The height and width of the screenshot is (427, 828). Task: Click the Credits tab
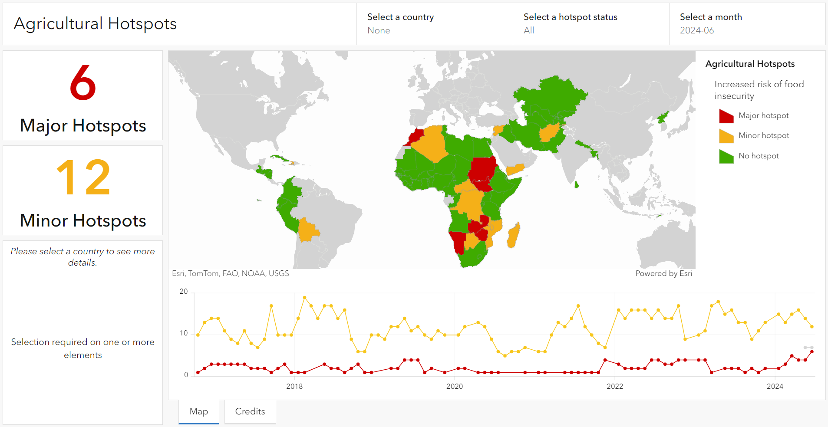click(x=250, y=411)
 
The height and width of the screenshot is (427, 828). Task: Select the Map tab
click(x=199, y=411)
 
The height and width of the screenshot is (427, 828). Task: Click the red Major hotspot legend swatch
click(x=726, y=116)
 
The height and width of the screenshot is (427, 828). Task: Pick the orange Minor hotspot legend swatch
click(x=726, y=136)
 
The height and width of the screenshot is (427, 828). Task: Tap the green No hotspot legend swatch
click(x=726, y=156)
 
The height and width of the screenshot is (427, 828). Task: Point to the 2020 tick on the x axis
click(x=455, y=386)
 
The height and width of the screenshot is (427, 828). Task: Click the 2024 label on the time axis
click(x=775, y=386)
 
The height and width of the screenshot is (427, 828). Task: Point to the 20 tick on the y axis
click(x=184, y=292)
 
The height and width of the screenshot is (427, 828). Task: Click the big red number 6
click(x=82, y=83)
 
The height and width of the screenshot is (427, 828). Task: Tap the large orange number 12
click(x=83, y=177)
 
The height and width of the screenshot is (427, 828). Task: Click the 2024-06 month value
click(x=697, y=30)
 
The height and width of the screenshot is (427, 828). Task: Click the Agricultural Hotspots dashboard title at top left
click(x=95, y=23)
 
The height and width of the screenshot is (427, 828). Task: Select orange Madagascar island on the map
click(x=514, y=235)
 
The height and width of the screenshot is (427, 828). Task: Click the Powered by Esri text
click(x=663, y=273)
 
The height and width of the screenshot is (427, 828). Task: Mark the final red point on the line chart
click(x=812, y=351)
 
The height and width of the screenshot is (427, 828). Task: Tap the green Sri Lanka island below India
click(x=577, y=185)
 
